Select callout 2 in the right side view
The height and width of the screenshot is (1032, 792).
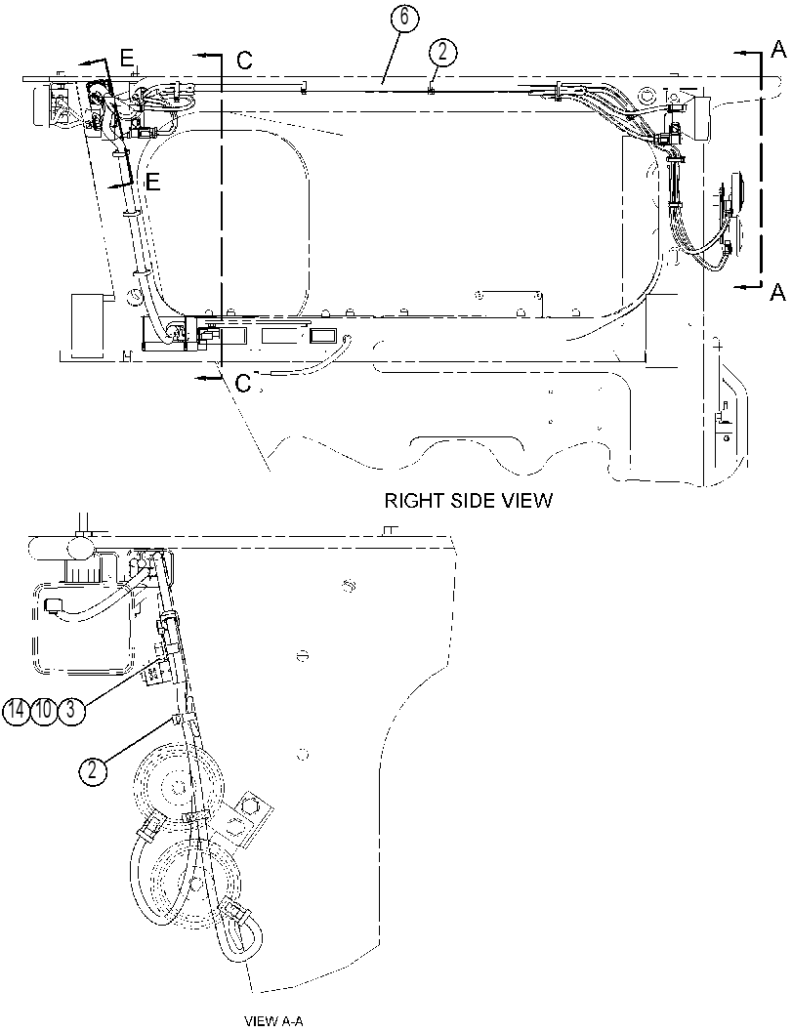click(443, 52)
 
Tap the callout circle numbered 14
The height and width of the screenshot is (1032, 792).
click(16, 712)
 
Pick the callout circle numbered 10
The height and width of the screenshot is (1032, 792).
click(43, 712)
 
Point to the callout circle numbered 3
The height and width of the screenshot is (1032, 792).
click(71, 712)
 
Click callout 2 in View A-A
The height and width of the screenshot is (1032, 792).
click(93, 769)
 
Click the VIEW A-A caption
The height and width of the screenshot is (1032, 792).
click(273, 1022)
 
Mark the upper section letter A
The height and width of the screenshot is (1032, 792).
click(778, 48)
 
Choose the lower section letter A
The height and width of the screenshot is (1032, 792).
click(776, 292)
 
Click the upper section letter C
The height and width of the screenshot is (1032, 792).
click(245, 61)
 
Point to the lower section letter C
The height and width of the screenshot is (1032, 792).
click(243, 383)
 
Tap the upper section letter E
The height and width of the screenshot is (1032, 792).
click(126, 58)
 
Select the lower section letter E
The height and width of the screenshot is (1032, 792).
click(152, 182)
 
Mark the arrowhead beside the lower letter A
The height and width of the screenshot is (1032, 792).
click(740, 285)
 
